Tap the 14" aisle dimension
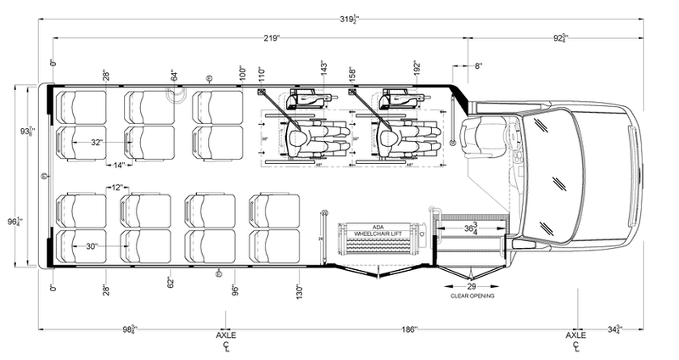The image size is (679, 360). point(119,164)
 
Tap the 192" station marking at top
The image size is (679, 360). point(417,68)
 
